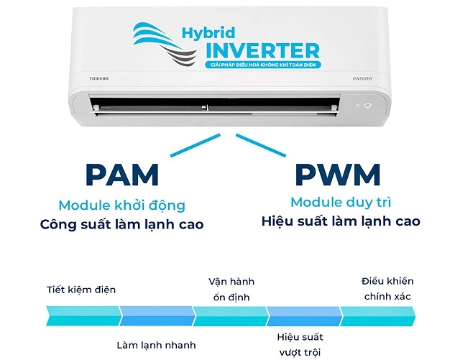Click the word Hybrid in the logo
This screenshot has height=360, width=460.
(208, 33)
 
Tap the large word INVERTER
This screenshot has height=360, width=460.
(263, 51)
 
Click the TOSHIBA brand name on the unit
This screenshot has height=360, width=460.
(99, 78)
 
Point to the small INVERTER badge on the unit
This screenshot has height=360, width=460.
(362, 78)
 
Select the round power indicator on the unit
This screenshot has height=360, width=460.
(367, 105)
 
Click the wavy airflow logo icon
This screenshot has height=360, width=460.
(165, 44)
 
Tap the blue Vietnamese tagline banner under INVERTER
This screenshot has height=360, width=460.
(262, 65)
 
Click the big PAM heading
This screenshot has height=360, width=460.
(122, 175)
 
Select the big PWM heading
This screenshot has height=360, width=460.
(338, 175)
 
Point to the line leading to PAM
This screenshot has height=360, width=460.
(195, 145)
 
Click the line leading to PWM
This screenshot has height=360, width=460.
(261, 145)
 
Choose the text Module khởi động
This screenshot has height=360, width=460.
(122, 206)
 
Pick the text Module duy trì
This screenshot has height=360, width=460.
(341, 203)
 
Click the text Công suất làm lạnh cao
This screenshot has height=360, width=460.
(122, 224)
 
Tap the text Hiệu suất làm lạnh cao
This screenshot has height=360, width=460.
(341, 221)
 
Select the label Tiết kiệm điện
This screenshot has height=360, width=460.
(81, 290)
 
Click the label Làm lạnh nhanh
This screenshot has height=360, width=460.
(157, 346)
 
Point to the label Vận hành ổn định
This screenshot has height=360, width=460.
(231, 290)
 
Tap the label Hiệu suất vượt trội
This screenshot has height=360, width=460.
(300, 345)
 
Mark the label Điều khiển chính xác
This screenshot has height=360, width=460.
(387, 289)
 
